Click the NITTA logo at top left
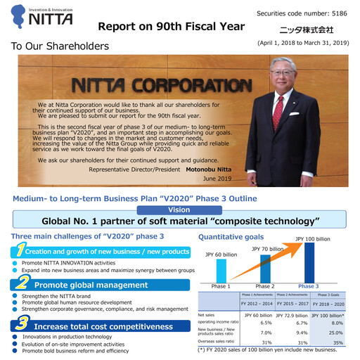(x=44, y=17)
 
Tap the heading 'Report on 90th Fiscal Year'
(x=171, y=27)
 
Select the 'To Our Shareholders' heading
(x=60, y=46)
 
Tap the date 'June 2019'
(x=217, y=179)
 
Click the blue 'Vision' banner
(x=179, y=210)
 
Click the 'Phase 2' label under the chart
(x=264, y=286)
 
